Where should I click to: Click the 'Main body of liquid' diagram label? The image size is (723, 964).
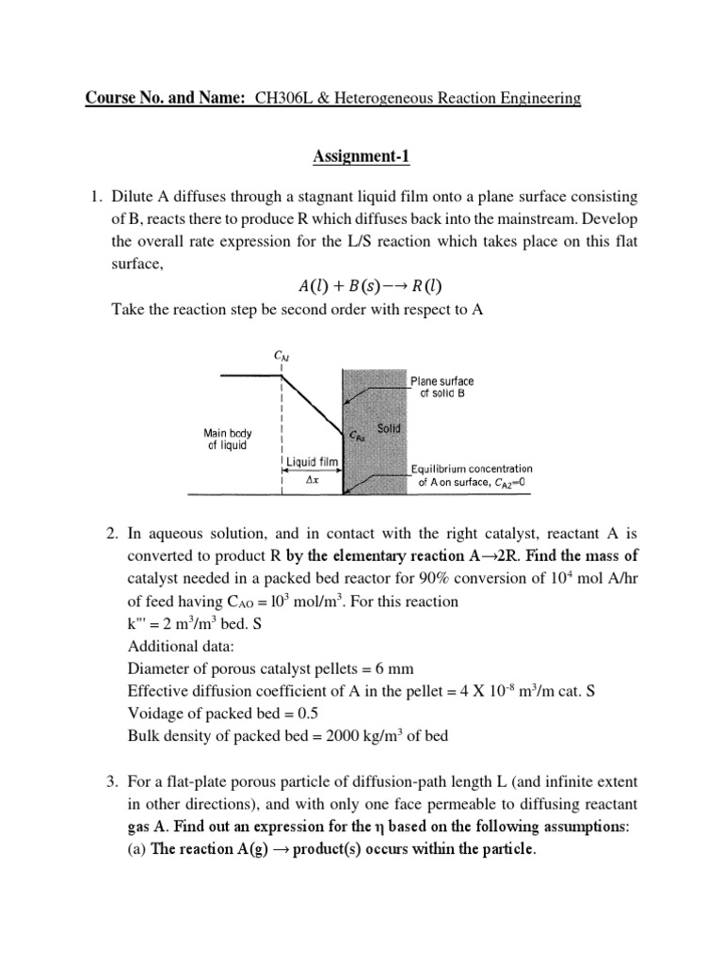coord(227,439)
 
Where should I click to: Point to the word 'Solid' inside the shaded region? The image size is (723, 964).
coord(388,428)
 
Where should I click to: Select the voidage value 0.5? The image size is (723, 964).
coord(299,715)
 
